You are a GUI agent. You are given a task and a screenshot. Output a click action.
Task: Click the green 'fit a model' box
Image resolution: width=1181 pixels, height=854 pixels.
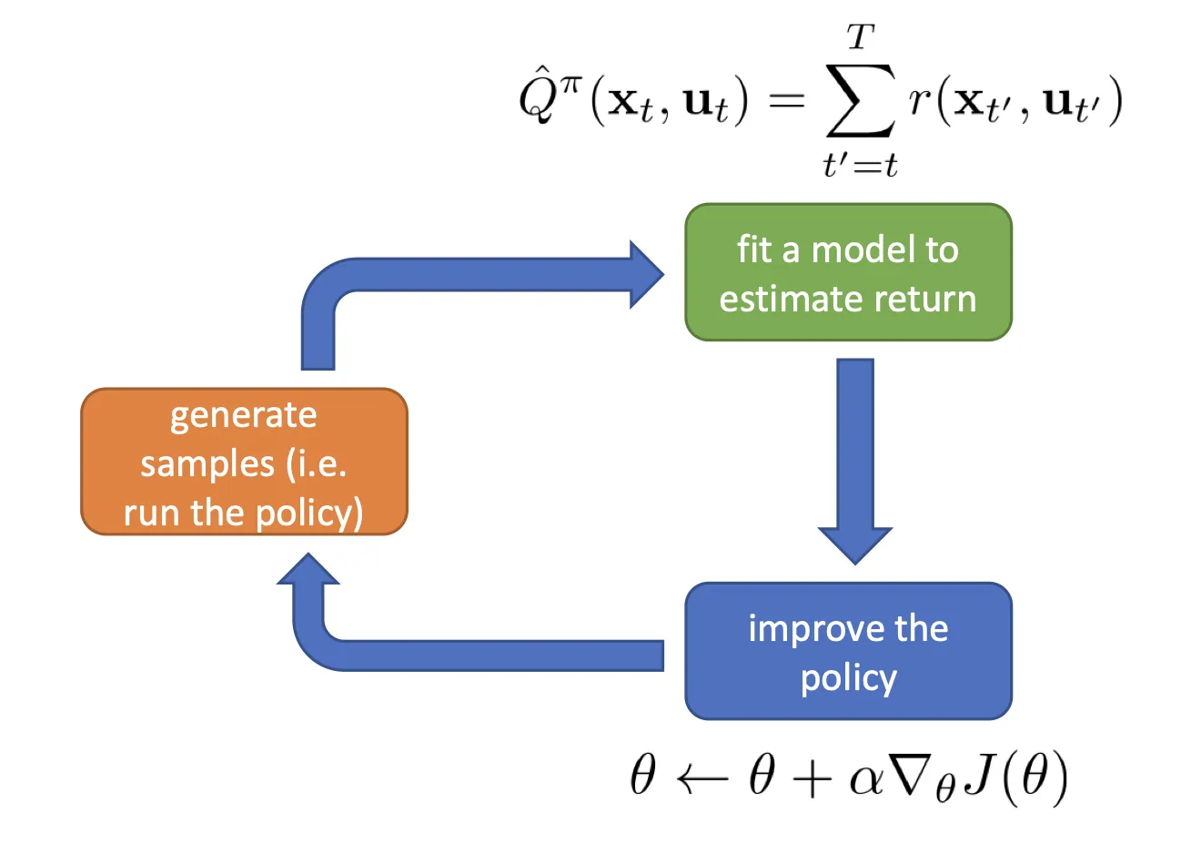(x=848, y=272)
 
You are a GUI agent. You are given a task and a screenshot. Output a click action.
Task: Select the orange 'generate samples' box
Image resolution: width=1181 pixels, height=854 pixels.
(x=244, y=462)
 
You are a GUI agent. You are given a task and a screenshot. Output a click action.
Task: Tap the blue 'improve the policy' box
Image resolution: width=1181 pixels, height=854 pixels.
(x=848, y=651)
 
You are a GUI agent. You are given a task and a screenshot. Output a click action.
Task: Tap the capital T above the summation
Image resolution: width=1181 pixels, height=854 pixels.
(x=860, y=37)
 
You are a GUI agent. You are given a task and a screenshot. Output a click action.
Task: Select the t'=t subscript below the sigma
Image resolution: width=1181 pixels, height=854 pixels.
(x=860, y=165)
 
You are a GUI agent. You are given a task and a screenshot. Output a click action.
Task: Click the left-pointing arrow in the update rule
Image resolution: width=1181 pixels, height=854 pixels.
(x=702, y=779)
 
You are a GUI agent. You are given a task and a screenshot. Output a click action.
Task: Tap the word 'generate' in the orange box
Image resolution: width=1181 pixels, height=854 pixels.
(x=244, y=416)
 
